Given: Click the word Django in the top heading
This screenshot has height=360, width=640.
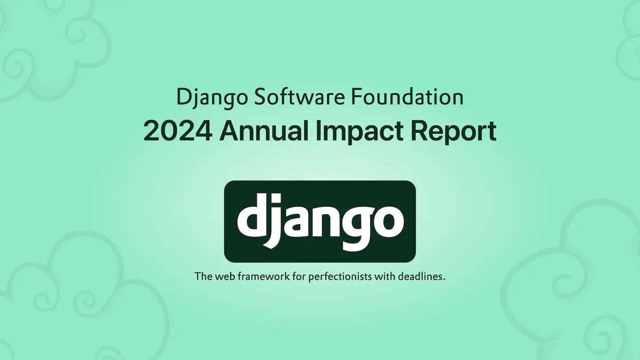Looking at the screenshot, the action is coord(212,98).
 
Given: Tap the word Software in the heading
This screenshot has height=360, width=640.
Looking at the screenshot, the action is coord(300,96).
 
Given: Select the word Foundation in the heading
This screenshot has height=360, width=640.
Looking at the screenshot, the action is coord(407,96).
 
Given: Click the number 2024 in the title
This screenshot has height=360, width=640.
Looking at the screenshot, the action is coord(178,131).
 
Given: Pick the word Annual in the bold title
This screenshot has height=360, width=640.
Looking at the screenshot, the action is coord(264,130).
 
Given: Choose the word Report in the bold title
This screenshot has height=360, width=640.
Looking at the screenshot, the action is coord(453,132).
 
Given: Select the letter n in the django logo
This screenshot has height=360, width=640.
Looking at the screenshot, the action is coord(328,220).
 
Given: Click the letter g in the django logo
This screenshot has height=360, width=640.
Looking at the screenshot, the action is coord(359,227).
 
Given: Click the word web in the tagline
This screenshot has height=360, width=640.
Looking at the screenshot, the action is coord(225,276).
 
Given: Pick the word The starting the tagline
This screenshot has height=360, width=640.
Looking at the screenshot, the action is coord(204,276).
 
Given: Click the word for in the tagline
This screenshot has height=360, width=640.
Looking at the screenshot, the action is coord(300,276).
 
